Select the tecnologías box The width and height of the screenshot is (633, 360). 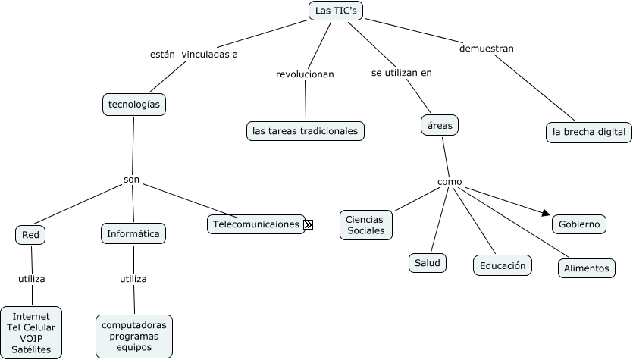[134, 105]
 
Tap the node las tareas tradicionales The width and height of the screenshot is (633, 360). [306, 131]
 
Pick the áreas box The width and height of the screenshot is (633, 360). [440, 125]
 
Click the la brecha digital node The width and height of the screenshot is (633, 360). [589, 132]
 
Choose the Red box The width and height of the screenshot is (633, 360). [30, 235]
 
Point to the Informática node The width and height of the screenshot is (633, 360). [133, 234]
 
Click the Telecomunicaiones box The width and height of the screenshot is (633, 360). [256, 224]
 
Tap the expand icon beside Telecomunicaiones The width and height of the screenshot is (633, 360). [309, 224]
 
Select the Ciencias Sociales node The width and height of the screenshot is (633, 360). [365, 224]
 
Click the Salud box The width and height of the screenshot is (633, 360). [427, 262]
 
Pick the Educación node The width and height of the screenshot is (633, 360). [503, 265]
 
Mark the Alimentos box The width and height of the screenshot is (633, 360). [585, 268]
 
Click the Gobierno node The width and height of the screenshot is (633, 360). [579, 224]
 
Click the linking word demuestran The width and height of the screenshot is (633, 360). [487, 49]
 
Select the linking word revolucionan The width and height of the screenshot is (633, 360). [305, 74]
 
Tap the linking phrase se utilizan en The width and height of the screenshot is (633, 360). [402, 73]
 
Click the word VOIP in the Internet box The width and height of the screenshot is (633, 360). [31, 338]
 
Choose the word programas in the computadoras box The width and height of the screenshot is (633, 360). [134, 336]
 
